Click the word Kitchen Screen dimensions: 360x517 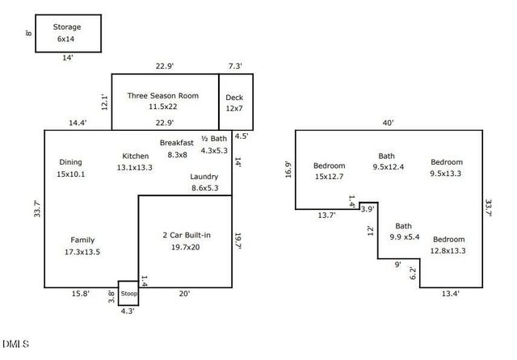(x=135, y=156)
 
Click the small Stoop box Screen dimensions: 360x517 (x=129, y=294)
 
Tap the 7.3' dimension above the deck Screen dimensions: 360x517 (x=235, y=65)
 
